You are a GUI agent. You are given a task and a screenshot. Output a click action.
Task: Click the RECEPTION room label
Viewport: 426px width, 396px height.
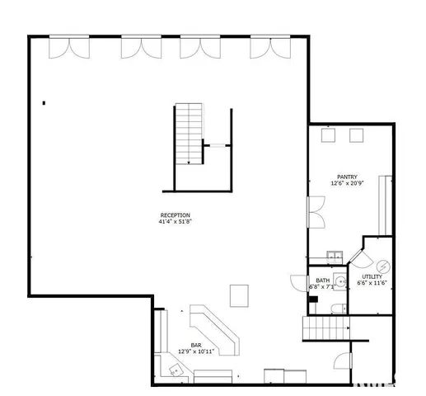[x=175, y=215]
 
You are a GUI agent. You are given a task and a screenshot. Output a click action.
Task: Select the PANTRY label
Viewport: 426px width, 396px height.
[x=346, y=177]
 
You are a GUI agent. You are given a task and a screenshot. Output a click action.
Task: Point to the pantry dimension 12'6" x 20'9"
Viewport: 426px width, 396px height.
[x=346, y=183]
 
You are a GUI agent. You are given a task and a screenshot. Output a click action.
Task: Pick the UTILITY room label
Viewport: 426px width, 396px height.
[x=372, y=276]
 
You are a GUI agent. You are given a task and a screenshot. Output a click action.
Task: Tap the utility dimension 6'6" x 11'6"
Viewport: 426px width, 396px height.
[x=372, y=283]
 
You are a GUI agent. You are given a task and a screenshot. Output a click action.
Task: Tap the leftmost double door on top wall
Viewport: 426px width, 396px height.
[x=68, y=48]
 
